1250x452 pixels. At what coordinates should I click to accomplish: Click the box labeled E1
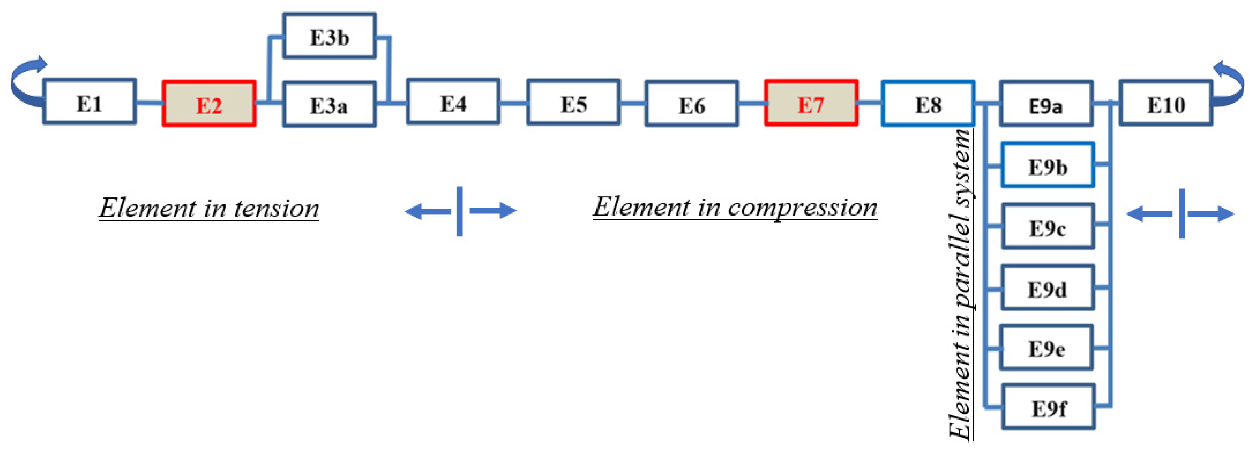tap(89, 101)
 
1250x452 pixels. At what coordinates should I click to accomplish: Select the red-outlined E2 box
tap(209, 104)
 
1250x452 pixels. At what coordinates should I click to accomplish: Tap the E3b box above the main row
tap(330, 36)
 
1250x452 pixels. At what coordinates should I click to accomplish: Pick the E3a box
tap(330, 104)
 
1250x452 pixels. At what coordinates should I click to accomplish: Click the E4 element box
tap(453, 101)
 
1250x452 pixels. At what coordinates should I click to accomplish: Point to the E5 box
tap(573, 103)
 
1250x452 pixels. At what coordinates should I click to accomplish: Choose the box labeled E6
tap(692, 104)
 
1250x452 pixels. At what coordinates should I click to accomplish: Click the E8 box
tap(928, 104)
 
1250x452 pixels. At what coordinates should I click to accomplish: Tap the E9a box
tap(1046, 104)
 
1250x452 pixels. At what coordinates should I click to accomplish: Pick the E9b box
tap(1048, 165)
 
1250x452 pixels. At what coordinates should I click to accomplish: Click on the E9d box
tap(1048, 288)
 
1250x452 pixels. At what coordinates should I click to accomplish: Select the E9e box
tap(1047, 348)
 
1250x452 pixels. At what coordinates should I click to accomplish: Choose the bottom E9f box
tap(1049, 407)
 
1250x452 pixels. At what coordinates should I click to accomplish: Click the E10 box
tap(1166, 103)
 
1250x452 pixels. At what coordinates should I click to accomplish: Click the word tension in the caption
tap(277, 208)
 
